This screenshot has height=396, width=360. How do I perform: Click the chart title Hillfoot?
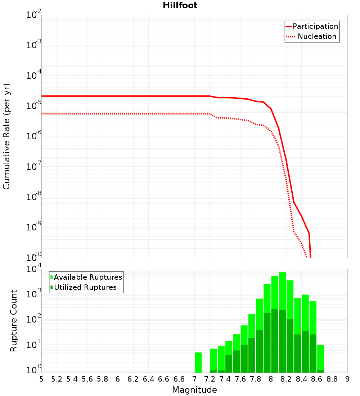click(x=180, y=5)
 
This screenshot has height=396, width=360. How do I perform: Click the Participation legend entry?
click(x=315, y=26)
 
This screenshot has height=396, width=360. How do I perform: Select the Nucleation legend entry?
click(x=317, y=36)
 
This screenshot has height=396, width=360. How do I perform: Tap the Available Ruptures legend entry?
click(x=88, y=277)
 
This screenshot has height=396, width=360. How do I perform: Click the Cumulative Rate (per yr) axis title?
click(x=6, y=136)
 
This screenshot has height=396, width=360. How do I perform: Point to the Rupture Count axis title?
click(x=14, y=321)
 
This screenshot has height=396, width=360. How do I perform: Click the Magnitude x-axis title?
click(x=194, y=390)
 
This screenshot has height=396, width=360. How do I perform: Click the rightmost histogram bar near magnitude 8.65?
click(x=320, y=358)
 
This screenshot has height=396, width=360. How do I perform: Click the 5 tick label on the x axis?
click(x=41, y=379)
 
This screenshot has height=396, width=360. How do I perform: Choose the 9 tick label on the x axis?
click(x=347, y=379)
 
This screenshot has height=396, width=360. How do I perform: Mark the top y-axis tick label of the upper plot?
click(x=34, y=15)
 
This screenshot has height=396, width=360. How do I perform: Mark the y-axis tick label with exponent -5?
click(x=34, y=106)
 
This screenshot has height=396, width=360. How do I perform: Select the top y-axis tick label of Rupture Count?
click(x=34, y=269)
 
